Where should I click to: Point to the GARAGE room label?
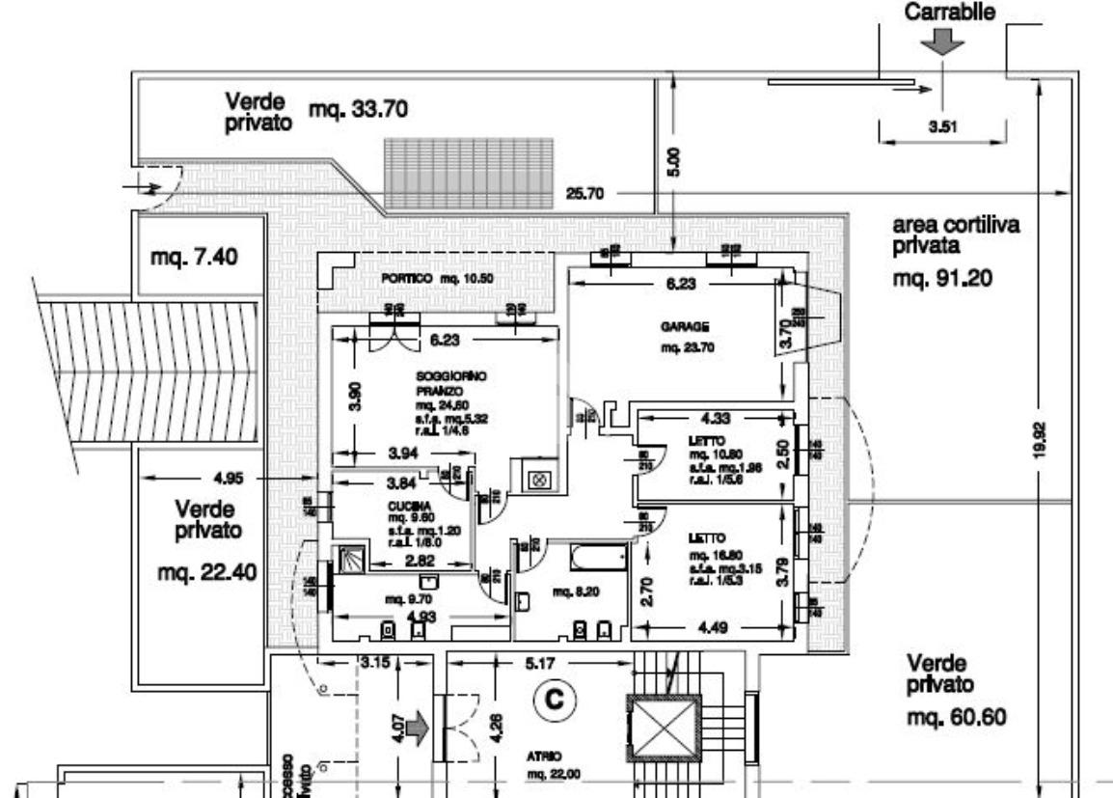[x=673, y=327]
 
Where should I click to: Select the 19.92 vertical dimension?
[x=1052, y=441]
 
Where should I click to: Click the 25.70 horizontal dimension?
[x=584, y=194]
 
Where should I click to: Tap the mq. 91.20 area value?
[x=941, y=281]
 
